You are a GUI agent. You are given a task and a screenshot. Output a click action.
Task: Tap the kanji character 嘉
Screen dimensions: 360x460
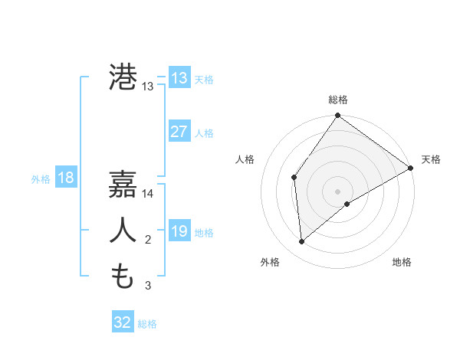tap(123, 184)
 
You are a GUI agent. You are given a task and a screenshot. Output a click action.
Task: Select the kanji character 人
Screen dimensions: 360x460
tap(123, 231)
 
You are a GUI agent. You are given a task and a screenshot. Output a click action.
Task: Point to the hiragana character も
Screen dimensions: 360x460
tap(123, 276)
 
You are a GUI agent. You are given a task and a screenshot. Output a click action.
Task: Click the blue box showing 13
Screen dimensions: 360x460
tap(179, 78)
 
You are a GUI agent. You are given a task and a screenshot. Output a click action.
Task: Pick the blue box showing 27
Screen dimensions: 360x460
tap(179, 132)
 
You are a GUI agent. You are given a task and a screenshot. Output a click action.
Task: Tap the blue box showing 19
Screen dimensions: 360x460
tap(179, 231)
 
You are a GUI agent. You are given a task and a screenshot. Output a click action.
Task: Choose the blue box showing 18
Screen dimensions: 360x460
tap(66, 178)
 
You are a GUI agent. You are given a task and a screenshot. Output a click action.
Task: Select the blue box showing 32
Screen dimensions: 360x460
tap(123, 322)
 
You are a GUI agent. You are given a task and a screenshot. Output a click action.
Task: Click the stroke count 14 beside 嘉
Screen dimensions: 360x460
tap(148, 194)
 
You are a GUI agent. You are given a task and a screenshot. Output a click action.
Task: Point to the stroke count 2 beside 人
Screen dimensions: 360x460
tap(148, 241)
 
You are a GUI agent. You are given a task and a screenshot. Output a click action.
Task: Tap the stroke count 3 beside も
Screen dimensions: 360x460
tap(148, 286)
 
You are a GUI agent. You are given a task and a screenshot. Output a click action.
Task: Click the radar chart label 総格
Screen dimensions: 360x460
tap(337, 100)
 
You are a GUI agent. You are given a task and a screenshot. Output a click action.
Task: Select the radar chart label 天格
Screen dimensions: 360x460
tap(431, 159)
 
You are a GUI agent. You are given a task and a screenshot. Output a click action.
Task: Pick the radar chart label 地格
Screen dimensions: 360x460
tap(402, 262)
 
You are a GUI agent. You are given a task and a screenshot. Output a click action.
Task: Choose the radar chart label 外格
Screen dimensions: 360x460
tap(270, 262)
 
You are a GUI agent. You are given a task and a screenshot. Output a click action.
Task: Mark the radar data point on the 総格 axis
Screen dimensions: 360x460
tap(337, 116)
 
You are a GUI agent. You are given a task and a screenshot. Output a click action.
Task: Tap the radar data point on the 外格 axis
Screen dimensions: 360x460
tap(302, 242)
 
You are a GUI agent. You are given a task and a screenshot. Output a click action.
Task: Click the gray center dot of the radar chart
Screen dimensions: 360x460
tap(337, 191)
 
